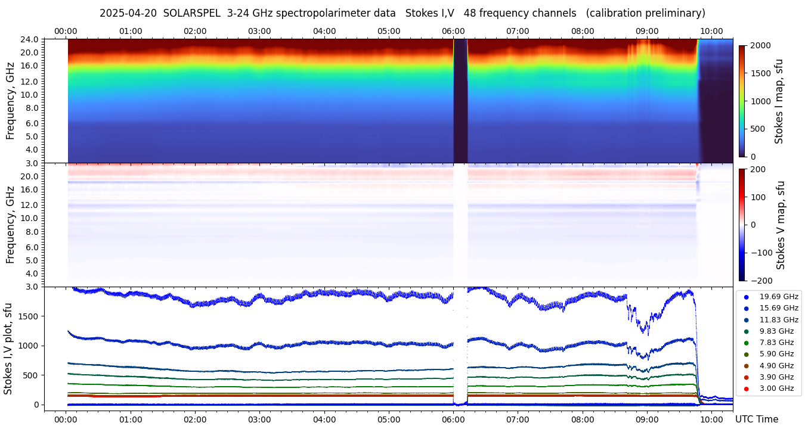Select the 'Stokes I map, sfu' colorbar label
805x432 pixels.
[x=779, y=101]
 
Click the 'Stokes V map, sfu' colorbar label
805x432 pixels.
[x=781, y=225]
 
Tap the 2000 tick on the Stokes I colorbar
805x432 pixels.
[x=760, y=45]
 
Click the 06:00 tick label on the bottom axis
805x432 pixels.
[x=453, y=419]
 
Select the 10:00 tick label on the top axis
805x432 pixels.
[x=711, y=31]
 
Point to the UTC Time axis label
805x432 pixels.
[x=757, y=419]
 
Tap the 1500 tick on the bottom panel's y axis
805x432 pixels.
[x=30, y=316]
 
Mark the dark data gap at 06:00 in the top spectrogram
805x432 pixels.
[x=460, y=101]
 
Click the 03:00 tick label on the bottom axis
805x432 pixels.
[x=259, y=419]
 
